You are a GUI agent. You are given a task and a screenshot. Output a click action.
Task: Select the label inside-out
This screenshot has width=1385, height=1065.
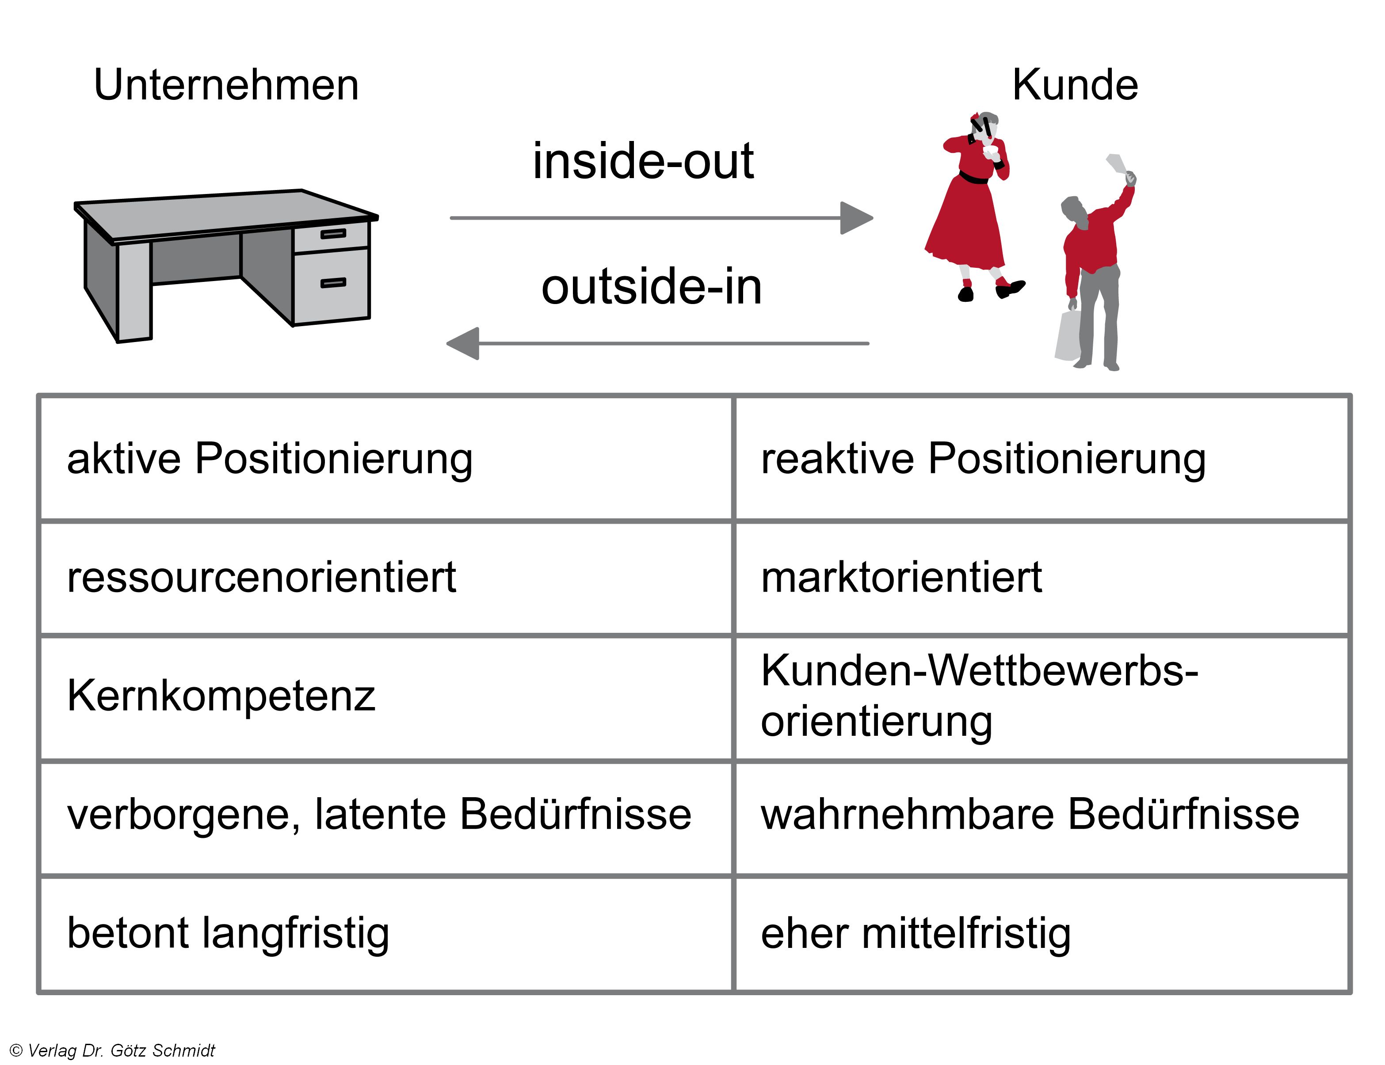[x=642, y=162]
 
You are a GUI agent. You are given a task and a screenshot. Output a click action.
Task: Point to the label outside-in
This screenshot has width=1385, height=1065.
[x=651, y=287]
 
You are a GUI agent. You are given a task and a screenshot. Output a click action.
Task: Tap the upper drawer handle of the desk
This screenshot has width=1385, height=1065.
[x=333, y=234]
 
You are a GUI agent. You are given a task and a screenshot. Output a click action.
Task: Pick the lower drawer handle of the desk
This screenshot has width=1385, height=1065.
[x=333, y=283]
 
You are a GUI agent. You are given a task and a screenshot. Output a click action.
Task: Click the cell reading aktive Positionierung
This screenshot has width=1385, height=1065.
[x=270, y=459]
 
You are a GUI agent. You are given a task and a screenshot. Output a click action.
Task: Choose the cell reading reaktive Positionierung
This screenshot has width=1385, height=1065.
[x=983, y=459]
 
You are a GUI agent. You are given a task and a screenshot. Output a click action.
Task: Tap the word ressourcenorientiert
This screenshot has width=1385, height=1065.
[x=261, y=578]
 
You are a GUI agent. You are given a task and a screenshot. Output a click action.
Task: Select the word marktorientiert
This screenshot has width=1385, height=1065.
[x=901, y=578]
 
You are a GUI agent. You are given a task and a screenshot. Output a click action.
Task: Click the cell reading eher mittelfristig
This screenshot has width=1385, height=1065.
[x=915, y=934]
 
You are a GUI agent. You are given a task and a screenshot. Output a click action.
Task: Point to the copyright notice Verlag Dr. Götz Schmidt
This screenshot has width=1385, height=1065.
[x=113, y=1050]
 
